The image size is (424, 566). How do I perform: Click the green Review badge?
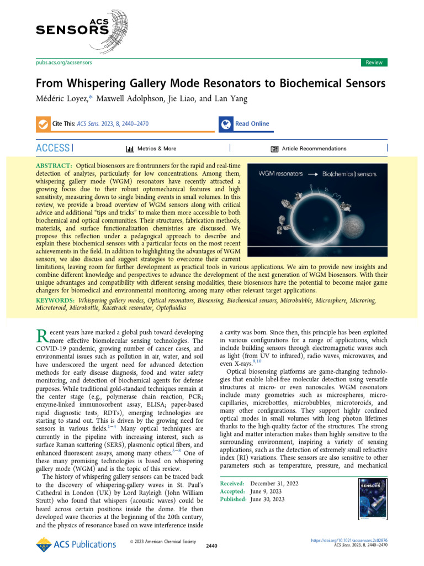(x=374, y=62)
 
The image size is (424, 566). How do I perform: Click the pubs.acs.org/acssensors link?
(x=64, y=62)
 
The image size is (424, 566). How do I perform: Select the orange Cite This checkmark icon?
(x=43, y=124)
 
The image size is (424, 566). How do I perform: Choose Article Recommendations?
(x=309, y=149)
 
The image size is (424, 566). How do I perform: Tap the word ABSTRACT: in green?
(x=54, y=166)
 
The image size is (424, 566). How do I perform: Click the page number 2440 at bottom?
(x=211, y=546)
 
